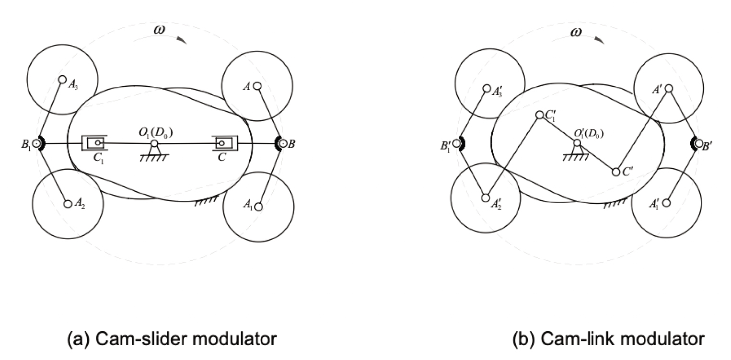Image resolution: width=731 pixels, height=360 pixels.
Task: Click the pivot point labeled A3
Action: [62, 80]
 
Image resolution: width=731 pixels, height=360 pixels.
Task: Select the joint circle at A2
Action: [68, 204]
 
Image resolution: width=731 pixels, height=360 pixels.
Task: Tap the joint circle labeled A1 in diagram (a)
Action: [259, 207]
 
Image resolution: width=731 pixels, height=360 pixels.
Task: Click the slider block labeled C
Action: [222, 143]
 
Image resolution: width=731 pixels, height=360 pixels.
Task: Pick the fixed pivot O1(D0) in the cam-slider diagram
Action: [154, 144]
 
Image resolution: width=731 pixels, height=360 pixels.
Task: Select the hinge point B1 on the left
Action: [36, 143]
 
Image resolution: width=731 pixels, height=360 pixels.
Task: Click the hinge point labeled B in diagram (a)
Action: [283, 143]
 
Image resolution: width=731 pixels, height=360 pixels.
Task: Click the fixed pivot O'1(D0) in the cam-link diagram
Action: [577, 143]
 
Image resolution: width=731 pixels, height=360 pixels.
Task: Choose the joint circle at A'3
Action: [487, 89]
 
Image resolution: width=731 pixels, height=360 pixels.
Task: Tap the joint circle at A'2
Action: [486, 197]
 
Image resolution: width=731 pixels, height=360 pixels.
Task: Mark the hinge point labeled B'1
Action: [457, 143]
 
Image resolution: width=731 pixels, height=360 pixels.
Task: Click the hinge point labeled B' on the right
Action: [698, 143]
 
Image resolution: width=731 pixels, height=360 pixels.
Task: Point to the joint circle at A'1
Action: [666, 203]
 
